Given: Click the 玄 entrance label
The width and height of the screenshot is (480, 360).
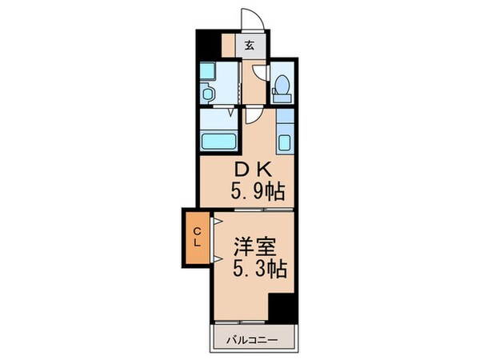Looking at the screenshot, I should coord(250,46).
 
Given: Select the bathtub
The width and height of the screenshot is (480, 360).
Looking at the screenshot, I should coord(218,142).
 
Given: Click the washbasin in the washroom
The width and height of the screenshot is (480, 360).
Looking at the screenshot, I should coord(207,94).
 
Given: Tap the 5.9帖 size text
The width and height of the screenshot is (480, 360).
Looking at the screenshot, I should coord(257,192).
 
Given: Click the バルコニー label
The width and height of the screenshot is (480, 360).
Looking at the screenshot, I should coord(255,340).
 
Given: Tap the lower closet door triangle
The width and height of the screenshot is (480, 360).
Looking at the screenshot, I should coord(216,258).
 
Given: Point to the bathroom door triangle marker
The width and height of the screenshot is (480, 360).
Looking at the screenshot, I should coord(232,113).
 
